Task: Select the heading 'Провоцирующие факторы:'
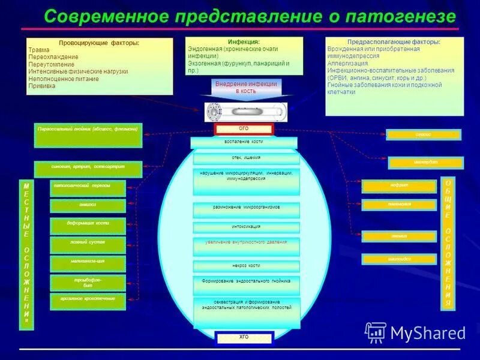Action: (x=99, y=43)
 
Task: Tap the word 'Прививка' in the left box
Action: (x=42, y=86)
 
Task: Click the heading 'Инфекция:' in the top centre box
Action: (x=244, y=41)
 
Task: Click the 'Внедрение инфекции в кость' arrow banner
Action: (x=245, y=88)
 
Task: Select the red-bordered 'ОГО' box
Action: (x=244, y=129)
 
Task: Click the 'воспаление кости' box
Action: (x=244, y=142)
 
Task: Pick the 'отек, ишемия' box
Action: (x=246, y=158)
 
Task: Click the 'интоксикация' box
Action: (x=246, y=227)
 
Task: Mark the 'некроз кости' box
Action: (x=246, y=266)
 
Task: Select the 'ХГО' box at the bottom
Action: (x=244, y=337)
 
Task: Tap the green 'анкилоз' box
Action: (x=88, y=206)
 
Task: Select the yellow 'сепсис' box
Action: (x=423, y=135)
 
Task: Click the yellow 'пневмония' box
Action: (x=398, y=205)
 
